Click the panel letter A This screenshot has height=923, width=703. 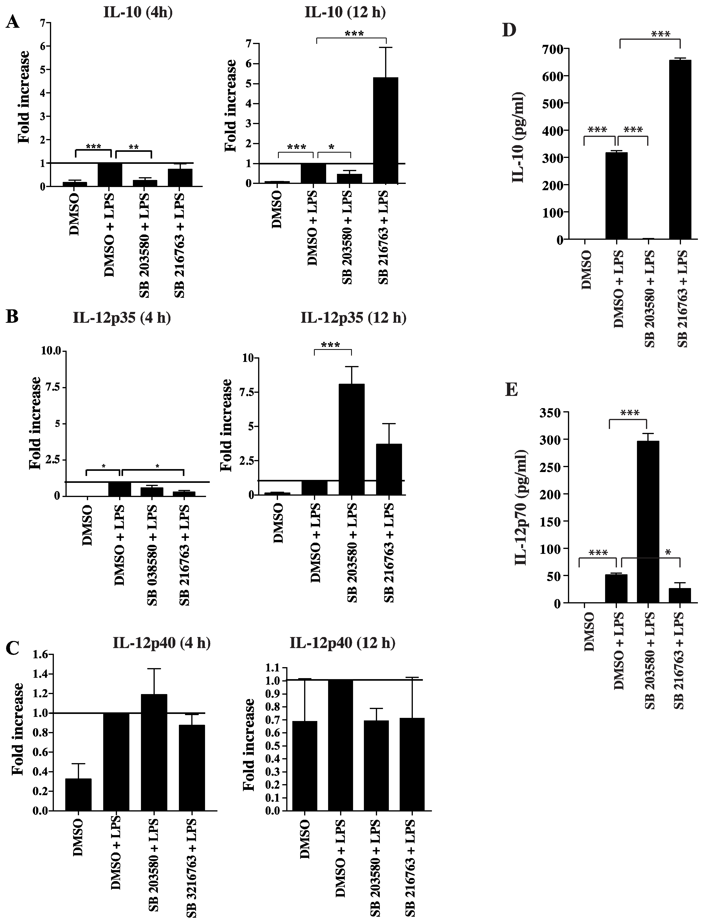[13, 21]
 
